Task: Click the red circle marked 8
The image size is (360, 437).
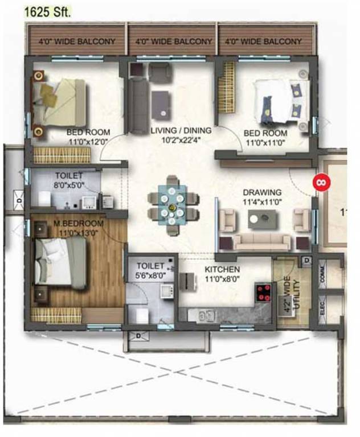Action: click(321, 183)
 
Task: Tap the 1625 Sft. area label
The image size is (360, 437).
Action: click(47, 13)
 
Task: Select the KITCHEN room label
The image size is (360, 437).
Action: click(222, 270)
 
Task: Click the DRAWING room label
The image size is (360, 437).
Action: click(262, 192)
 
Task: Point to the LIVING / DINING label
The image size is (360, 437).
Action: click(181, 130)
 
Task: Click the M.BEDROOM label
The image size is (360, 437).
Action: click(79, 223)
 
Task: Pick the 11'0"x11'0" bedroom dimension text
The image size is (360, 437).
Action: click(265, 143)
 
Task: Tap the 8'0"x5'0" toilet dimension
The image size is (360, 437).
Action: click(69, 185)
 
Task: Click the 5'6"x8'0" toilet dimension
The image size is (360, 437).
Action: click(150, 275)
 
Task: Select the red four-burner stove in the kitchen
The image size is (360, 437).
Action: click(263, 293)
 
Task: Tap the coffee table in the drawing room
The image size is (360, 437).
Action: click(263, 219)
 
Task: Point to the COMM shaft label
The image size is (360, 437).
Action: click(322, 274)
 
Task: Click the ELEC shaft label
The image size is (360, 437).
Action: click(322, 308)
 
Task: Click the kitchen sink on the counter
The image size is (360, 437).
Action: click(206, 316)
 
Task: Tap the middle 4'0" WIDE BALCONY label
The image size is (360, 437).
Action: click(173, 42)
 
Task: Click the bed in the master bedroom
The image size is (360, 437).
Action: click(60, 264)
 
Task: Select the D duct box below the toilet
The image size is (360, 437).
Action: click(138, 336)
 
